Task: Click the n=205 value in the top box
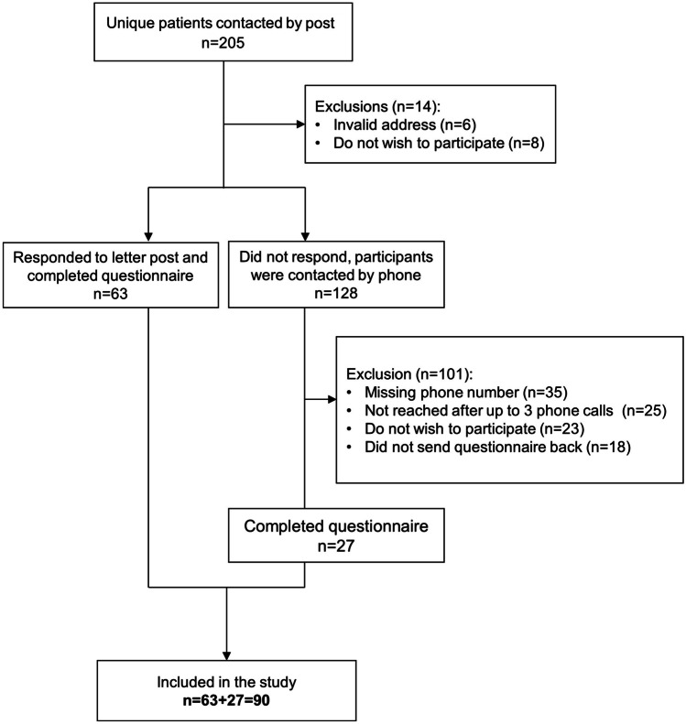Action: pyautogui.click(x=223, y=51)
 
